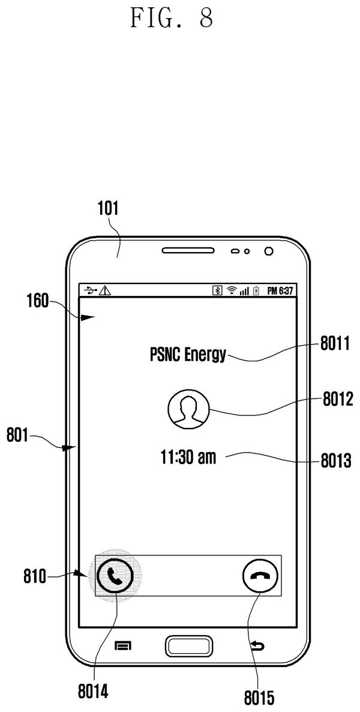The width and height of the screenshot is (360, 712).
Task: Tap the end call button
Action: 260,575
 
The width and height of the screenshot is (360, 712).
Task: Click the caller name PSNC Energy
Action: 187,354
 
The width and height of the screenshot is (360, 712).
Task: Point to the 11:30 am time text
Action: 188,457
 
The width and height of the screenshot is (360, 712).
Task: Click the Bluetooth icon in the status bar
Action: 218,291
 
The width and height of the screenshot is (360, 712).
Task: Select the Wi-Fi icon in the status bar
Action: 232,291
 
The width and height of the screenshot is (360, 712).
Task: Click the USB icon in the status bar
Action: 91,291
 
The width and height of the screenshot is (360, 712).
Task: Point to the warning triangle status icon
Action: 105,291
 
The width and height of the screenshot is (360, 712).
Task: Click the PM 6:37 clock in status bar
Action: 280,291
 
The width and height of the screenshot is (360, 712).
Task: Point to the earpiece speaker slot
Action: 188,251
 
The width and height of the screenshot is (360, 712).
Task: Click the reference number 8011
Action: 335,344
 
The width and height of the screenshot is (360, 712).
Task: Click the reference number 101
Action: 108,208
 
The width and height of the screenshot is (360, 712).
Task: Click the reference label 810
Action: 35,578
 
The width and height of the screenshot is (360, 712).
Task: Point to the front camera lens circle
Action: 268,251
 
